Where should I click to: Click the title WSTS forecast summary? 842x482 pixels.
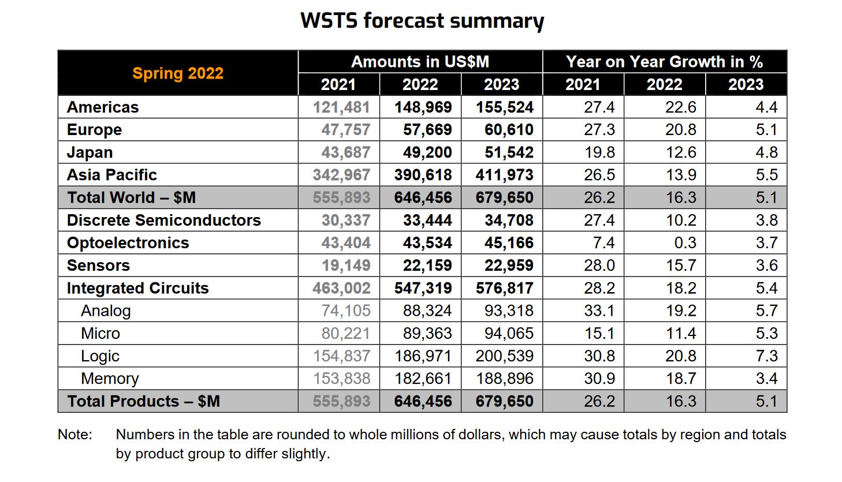point(422,21)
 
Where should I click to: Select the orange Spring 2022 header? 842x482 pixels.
point(178,73)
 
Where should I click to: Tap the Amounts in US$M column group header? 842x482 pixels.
point(420,62)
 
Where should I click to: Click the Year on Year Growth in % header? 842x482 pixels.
point(664,62)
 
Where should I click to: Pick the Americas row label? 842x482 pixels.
point(103,107)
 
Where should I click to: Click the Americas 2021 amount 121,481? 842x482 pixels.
point(341,107)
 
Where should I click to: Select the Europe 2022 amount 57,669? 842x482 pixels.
point(427,130)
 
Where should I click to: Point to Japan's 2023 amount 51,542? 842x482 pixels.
point(509,152)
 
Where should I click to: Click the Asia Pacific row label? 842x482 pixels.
point(112,175)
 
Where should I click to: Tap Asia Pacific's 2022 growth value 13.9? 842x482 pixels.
point(681,175)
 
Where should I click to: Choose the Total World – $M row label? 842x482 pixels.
point(132,197)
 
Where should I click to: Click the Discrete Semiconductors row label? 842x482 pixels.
point(164,221)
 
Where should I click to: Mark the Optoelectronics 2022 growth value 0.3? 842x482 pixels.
point(685,243)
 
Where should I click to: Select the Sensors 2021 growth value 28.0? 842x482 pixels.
point(599,266)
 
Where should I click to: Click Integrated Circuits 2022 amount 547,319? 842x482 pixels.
point(423,288)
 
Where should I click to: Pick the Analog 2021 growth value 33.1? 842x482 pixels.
point(599,311)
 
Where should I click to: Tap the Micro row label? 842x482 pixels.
point(100,334)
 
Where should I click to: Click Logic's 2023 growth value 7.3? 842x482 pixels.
point(766,356)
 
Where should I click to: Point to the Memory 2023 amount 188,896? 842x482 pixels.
point(505,379)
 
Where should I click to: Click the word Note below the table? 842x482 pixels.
point(74,435)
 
